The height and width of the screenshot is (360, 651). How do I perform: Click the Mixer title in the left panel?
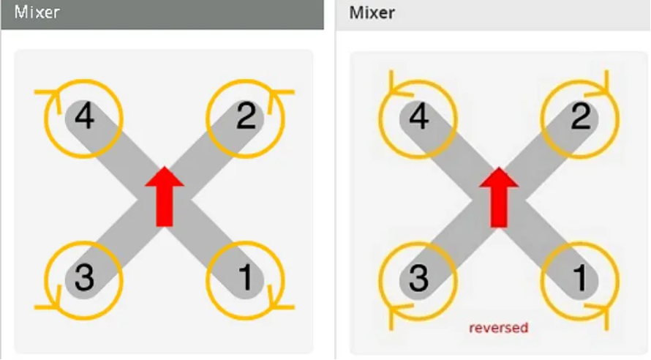click(x=37, y=12)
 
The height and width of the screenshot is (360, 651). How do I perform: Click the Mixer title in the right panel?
click(x=373, y=12)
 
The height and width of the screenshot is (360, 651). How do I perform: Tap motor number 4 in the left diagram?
click(x=85, y=117)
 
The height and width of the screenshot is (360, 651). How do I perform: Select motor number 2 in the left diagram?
click(x=246, y=117)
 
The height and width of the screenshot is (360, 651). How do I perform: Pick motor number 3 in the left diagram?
click(x=85, y=278)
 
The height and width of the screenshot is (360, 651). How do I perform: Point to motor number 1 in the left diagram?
click(x=246, y=278)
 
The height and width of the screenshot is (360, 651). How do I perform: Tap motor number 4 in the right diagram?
click(x=419, y=118)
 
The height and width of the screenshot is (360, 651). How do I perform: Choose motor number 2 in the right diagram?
click(x=580, y=118)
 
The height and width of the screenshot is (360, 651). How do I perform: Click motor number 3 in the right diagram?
click(x=419, y=279)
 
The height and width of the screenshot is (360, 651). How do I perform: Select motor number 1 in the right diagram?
click(x=580, y=279)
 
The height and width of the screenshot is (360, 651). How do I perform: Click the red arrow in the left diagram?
click(x=165, y=196)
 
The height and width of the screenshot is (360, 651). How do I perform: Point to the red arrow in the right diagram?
click(x=499, y=196)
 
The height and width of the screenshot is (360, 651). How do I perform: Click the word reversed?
click(x=498, y=327)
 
